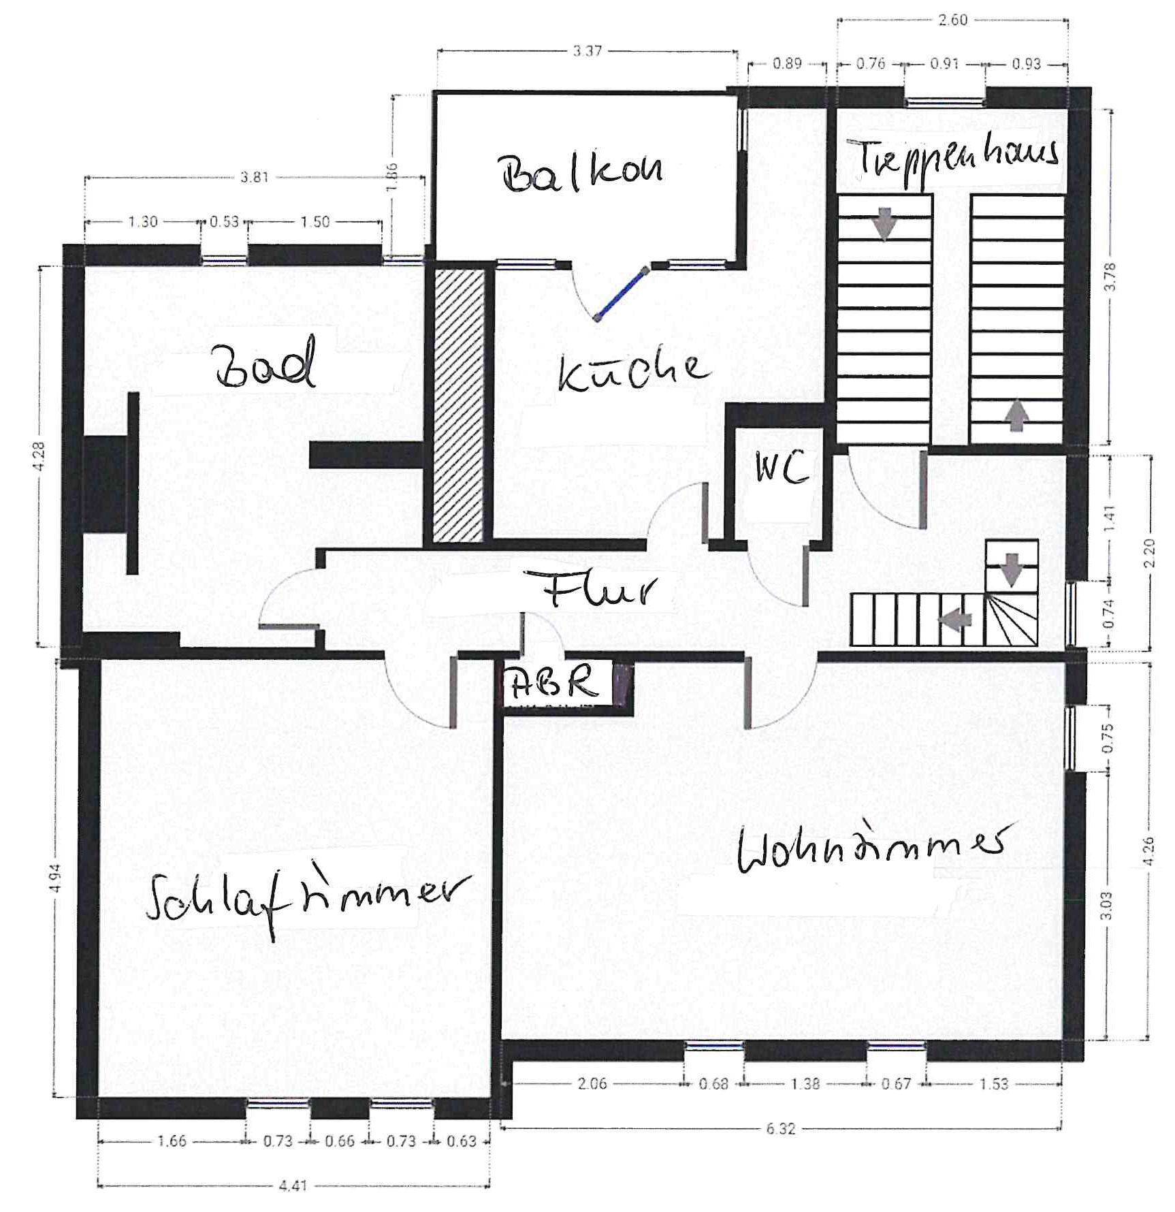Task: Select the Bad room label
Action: tap(265, 363)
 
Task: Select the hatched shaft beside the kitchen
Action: tap(459, 406)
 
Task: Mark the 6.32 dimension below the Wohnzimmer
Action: tap(780, 1129)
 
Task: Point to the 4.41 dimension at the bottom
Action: tap(293, 1185)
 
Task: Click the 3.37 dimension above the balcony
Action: tap(587, 51)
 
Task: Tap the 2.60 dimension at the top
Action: tap(952, 20)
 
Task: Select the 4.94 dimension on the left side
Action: tap(56, 878)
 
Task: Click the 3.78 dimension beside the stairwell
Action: tap(1110, 276)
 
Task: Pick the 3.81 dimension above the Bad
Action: tap(254, 178)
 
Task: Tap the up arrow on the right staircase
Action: tap(1016, 415)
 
